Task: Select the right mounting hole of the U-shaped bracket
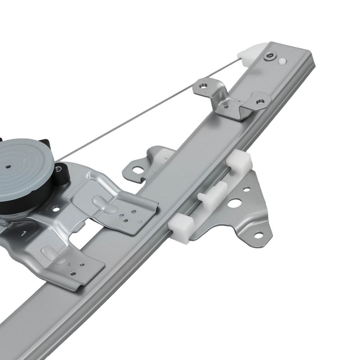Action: point(260,102)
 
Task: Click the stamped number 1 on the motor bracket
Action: point(24,234)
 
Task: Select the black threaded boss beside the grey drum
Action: point(62,173)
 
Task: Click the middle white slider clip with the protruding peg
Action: point(212,194)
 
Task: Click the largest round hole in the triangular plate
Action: point(233,203)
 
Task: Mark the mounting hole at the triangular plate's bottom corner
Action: point(258,235)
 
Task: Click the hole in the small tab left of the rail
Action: point(138,170)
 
